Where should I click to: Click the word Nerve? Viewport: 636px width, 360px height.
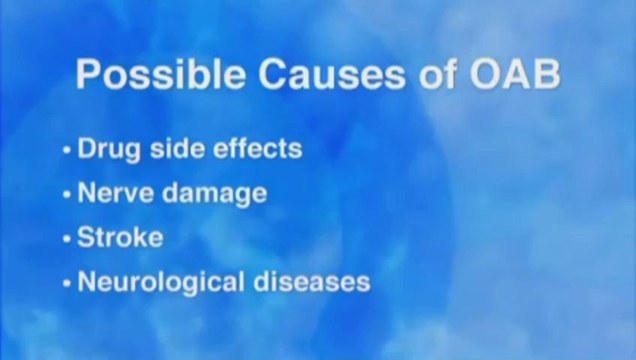tap(109, 194)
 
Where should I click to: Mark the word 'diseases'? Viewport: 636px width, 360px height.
tap(312, 282)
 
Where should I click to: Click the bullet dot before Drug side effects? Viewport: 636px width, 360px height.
tap(67, 152)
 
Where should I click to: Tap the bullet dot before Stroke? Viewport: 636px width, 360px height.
tap(67, 240)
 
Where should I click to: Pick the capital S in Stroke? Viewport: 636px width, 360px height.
tap(86, 238)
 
